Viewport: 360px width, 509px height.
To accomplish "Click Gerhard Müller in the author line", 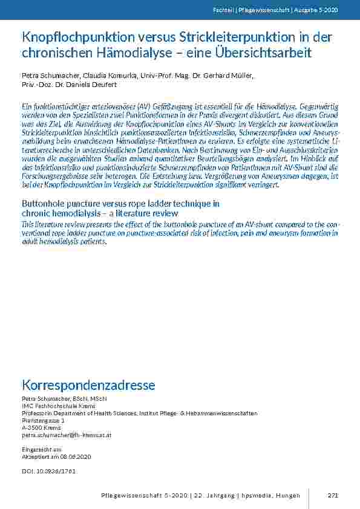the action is pyautogui.click(x=227, y=75).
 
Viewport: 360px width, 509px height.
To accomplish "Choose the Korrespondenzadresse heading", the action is pyautogui.click(x=88, y=385).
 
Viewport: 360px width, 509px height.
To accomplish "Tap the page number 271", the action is pyautogui.click(x=333, y=496).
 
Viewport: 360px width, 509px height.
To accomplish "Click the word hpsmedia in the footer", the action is pyautogui.click(x=261, y=496).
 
